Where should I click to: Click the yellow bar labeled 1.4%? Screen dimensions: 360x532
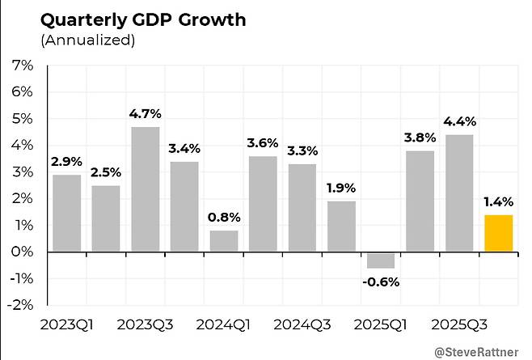[498, 233]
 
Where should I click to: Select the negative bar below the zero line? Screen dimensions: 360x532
[380, 260]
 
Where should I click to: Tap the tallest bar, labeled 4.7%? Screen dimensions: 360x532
[145, 188]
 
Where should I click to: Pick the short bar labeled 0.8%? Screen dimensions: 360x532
[223, 241]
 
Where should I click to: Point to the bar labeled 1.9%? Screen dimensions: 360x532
[341, 227]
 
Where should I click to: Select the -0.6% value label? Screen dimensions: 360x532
[381, 282]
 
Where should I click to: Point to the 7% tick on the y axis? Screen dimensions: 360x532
[23, 66]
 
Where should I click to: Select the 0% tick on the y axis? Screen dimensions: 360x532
[23, 252]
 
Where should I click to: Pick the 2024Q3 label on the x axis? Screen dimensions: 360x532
[302, 324]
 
